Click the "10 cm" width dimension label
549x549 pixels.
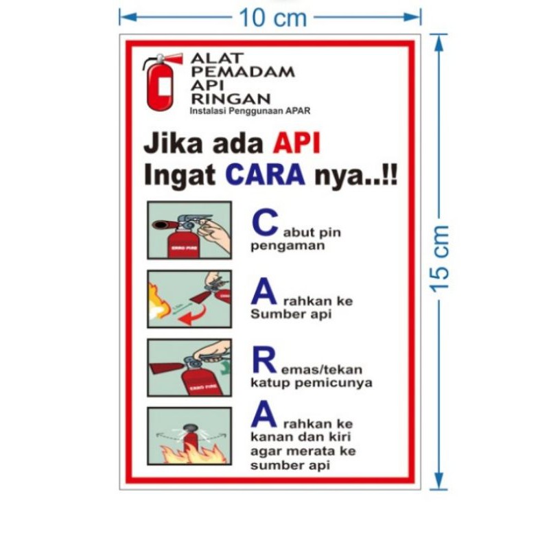pos(272,18)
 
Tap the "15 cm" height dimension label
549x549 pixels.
pos(439,258)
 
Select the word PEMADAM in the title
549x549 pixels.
pos(242,71)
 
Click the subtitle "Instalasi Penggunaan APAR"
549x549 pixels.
pos(250,111)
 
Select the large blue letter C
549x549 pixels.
pos(265,222)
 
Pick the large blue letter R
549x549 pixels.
pos(264,360)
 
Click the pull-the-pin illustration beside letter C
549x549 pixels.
pos(189,230)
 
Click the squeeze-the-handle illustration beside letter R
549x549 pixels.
pos(189,368)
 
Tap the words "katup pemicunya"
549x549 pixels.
pos(311,383)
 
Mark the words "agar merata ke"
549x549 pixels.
pos(303,451)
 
